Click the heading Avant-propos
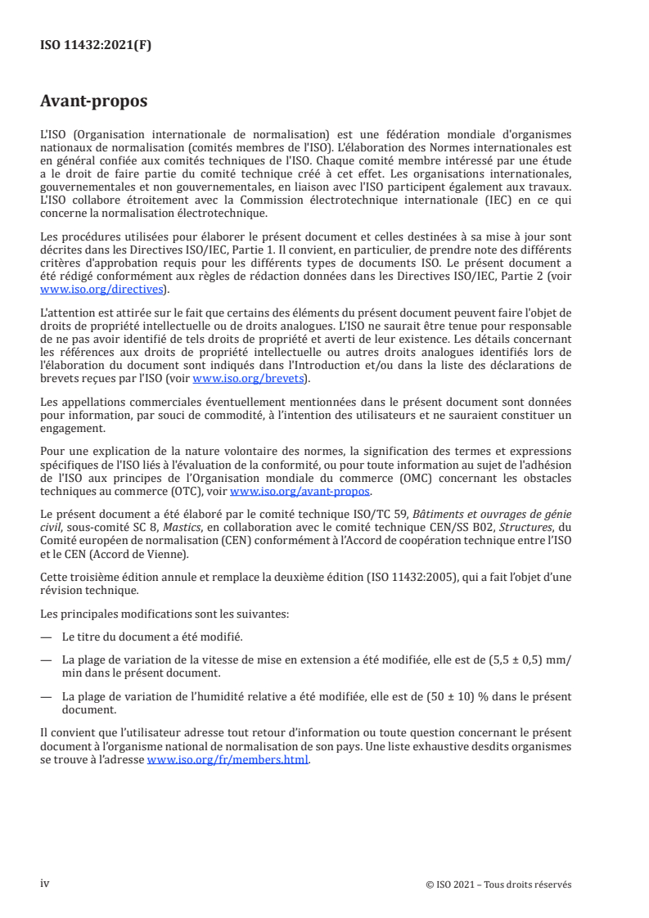click(94, 101)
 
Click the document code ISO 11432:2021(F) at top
click(96, 46)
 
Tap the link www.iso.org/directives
click(104, 289)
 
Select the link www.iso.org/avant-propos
click(300, 491)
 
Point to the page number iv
click(45, 884)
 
